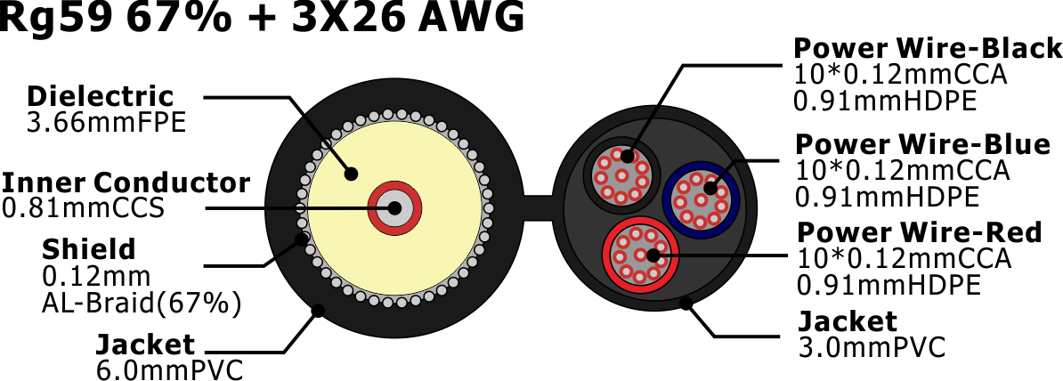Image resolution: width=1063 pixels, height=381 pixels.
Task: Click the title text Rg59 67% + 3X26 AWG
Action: click(262, 17)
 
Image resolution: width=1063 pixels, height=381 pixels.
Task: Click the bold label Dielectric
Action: click(101, 96)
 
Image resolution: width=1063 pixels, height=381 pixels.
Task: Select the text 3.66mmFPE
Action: click(106, 124)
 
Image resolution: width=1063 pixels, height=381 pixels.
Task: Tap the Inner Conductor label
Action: click(126, 182)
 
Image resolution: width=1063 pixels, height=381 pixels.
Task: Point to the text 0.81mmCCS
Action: click(84, 208)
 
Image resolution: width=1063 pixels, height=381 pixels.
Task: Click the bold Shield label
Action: click(89, 249)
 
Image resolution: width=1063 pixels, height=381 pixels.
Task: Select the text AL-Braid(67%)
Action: click(141, 303)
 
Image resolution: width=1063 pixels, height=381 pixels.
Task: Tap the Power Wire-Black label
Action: click(928, 49)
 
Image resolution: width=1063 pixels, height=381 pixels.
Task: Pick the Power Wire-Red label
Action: click(920, 232)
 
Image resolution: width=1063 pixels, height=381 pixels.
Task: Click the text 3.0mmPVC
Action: click(872, 347)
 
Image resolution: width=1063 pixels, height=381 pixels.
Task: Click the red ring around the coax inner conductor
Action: click(394, 207)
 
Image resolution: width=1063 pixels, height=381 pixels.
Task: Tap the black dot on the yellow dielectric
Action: click(351, 174)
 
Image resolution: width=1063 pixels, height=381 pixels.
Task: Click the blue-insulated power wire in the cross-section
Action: click(701, 199)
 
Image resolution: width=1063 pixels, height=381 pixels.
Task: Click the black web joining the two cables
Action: click(540, 207)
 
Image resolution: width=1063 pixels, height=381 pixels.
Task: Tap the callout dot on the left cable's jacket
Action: click(317, 312)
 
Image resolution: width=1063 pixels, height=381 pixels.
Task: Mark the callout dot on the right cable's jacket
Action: click(686, 303)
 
